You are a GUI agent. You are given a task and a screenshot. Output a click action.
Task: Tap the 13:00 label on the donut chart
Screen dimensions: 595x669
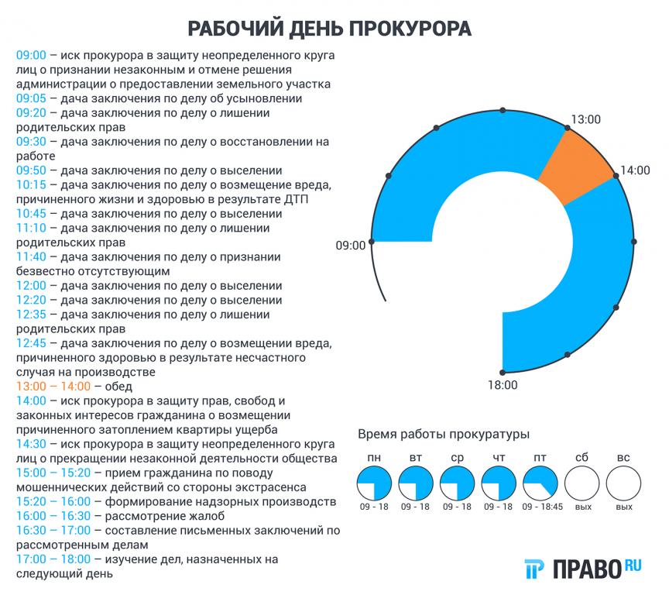tap(585, 120)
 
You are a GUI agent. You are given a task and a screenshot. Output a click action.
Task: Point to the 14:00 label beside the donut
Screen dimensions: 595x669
tap(636, 170)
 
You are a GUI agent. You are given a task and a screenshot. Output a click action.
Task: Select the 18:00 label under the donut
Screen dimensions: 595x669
tap(503, 384)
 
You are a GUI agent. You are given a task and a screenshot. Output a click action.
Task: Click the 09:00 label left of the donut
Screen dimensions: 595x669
tap(350, 246)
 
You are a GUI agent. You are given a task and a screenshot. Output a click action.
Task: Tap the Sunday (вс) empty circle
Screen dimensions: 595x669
tap(623, 484)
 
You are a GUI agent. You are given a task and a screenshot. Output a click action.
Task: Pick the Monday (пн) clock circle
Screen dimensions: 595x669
tap(374, 484)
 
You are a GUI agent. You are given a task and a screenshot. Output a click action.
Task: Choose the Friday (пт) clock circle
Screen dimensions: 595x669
tap(540, 484)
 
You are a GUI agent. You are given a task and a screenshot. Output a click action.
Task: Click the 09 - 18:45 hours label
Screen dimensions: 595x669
tap(541, 507)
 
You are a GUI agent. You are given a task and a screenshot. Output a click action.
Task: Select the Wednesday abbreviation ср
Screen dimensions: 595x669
tap(457, 457)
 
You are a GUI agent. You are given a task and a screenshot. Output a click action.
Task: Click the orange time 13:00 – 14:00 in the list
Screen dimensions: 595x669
tap(53, 386)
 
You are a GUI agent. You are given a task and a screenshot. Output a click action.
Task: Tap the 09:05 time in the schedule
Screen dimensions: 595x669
tap(31, 98)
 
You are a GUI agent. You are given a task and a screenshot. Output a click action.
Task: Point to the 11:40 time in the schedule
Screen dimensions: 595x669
tap(31, 256)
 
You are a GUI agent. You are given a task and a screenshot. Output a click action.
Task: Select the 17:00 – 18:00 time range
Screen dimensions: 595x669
tap(53, 559)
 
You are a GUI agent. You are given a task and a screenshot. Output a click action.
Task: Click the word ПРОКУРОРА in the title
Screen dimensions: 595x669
tap(410, 29)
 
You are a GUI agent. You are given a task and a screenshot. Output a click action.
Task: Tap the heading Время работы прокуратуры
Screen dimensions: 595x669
tap(443, 433)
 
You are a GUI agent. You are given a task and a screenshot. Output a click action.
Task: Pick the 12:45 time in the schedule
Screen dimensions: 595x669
tap(31, 342)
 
